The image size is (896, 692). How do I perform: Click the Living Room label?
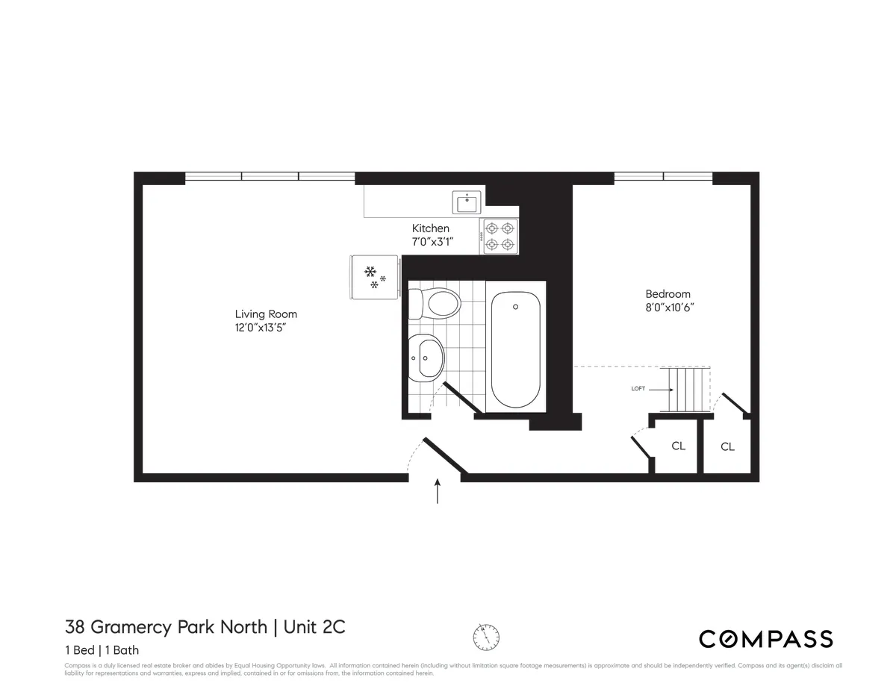coord(266,314)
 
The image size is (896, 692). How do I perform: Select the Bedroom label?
coord(668,294)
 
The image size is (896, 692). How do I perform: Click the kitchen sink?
coord(468,202)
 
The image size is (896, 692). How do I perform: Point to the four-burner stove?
coord(500,236)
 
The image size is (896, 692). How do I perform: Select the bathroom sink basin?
coord(426,358)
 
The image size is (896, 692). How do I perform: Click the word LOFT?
coord(638,389)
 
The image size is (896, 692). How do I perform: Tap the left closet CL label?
coord(678,446)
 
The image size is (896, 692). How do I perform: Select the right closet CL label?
coord(727,447)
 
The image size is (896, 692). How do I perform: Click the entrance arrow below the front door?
coord(438,493)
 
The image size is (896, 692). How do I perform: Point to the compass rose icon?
coord(486,637)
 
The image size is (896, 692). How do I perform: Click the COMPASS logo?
coord(765,639)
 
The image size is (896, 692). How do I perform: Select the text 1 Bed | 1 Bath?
coord(102,650)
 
